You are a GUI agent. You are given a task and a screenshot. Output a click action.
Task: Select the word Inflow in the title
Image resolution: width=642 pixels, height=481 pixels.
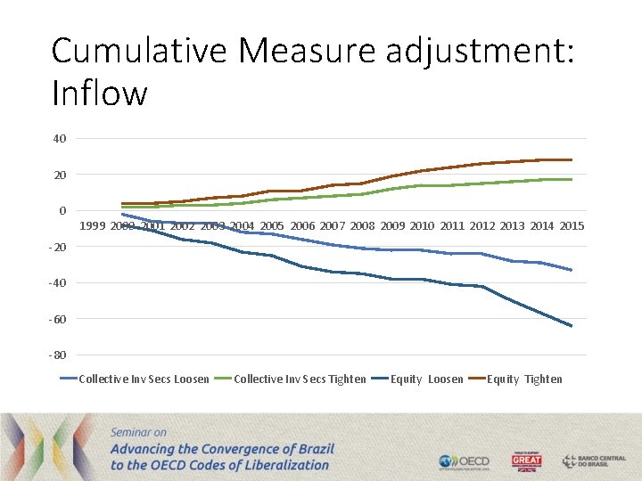coord(99,92)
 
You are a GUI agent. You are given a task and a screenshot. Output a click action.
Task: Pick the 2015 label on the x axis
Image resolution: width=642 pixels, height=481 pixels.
coord(572,226)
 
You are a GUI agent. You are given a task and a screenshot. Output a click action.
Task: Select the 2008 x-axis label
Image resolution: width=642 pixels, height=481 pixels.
coord(362,226)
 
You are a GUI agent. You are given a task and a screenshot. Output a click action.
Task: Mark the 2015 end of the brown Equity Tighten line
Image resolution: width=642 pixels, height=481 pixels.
coord(572,159)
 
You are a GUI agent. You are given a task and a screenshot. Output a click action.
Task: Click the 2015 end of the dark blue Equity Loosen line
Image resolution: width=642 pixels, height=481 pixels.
coord(572,326)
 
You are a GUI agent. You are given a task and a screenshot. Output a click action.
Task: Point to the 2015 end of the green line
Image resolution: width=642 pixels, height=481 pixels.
coord(572,179)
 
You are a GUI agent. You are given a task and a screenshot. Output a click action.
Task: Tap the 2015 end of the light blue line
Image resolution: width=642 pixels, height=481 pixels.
coord(572,270)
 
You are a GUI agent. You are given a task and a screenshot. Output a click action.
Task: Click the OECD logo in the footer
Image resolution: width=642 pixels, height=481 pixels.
coord(464,461)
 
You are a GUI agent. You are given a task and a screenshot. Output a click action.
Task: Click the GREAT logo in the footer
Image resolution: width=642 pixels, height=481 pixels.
coord(526,461)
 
